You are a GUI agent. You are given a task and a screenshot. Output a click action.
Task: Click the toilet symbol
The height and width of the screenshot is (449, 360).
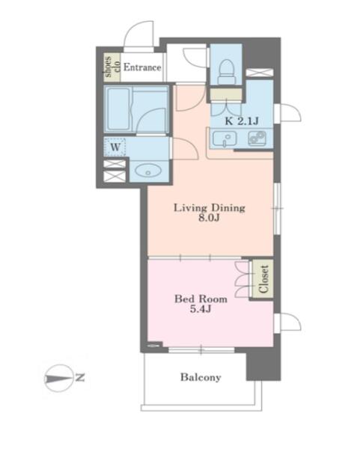(226, 72)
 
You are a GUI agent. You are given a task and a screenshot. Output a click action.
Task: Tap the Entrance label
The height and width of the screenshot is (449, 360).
(142, 67)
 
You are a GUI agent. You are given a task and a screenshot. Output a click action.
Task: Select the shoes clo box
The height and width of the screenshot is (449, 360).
(112, 67)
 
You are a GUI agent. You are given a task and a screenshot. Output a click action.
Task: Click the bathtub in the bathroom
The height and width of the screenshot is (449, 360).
(118, 109)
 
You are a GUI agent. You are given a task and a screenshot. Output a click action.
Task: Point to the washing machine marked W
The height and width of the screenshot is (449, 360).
(115, 147)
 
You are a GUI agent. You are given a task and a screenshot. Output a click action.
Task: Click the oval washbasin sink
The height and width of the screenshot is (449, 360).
(147, 171)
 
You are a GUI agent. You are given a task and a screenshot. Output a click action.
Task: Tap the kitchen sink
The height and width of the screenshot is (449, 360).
(225, 139)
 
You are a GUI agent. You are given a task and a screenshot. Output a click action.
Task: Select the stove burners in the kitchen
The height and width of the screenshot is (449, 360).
(257, 138)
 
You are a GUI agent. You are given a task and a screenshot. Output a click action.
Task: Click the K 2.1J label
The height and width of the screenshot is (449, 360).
(242, 121)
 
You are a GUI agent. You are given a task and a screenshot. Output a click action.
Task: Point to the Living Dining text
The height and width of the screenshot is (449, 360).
(210, 207)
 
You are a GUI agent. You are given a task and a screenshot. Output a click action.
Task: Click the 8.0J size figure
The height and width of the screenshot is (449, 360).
(209, 219)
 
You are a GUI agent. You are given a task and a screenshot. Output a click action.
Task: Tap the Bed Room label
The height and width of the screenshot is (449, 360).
(201, 299)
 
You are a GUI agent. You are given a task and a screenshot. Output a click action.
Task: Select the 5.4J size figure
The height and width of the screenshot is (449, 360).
(201, 309)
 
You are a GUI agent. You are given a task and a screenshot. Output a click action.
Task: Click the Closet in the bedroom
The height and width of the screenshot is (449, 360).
(263, 279)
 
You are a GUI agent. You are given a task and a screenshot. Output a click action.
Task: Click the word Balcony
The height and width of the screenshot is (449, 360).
(201, 377)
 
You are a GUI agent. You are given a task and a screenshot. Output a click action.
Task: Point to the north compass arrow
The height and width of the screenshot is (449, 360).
(59, 379)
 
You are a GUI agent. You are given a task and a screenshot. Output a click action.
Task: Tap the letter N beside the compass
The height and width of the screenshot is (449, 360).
(80, 378)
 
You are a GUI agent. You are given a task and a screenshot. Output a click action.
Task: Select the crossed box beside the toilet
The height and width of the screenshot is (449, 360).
(260, 73)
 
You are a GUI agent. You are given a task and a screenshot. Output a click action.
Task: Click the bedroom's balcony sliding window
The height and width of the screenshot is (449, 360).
(201, 350)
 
